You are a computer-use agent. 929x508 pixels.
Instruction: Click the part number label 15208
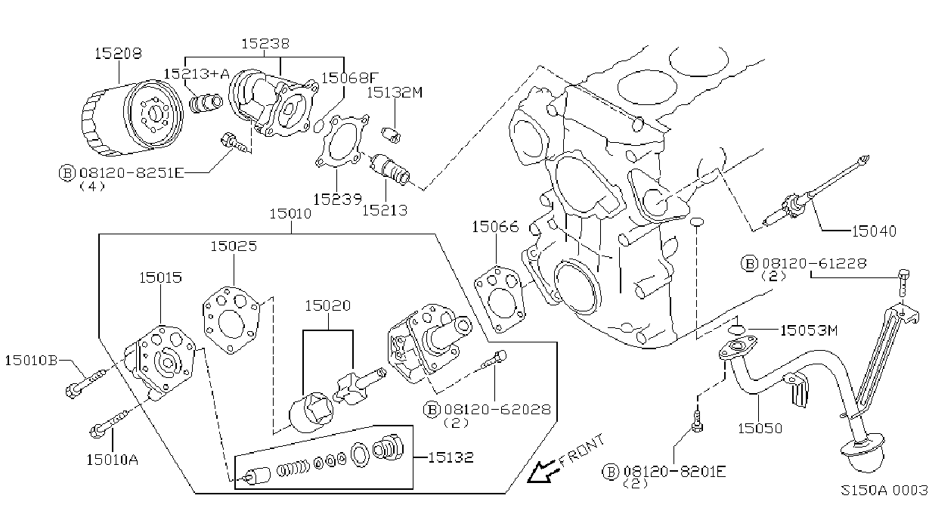coord(118,53)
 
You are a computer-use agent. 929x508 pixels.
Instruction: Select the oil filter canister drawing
coord(132,118)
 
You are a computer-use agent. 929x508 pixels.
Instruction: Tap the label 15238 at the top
coord(265,43)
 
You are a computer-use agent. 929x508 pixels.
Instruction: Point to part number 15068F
coord(351,78)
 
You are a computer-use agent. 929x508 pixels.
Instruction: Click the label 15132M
coord(395,92)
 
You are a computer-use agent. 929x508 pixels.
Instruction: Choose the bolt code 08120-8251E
coord(131,172)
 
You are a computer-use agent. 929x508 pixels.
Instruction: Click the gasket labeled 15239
coord(342,141)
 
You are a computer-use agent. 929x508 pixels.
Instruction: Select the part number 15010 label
coord(290,214)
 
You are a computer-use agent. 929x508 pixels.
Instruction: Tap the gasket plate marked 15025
coord(231,320)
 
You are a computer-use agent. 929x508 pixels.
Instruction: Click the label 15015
coord(160,277)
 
